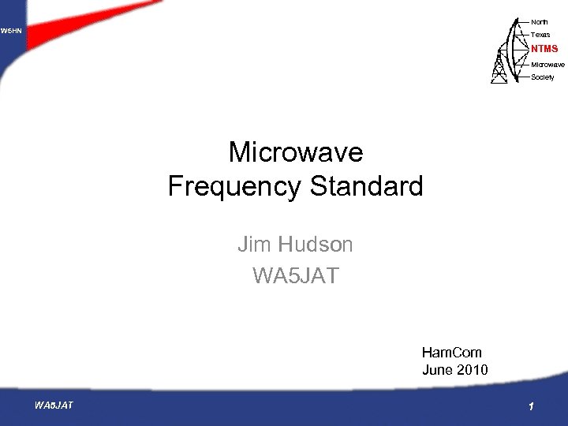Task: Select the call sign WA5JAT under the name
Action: [295, 276]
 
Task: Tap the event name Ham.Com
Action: [452, 353]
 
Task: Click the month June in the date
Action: [438, 369]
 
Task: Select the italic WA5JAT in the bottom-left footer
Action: [54, 405]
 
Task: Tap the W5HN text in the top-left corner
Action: [11, 31]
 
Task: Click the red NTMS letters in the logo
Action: [544, 49]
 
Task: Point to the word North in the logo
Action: [540, 21]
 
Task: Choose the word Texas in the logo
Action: [540, 35]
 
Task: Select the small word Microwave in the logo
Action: [547, 63]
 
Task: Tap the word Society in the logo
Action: [543, 77]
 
